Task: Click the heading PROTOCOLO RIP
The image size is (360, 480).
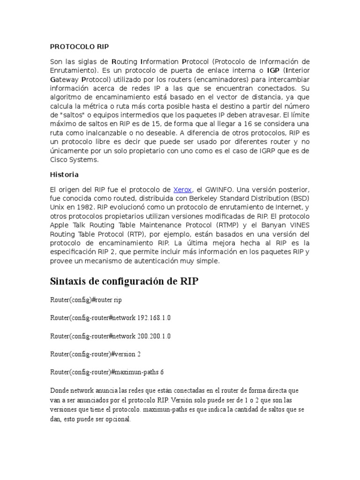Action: coord(79,47)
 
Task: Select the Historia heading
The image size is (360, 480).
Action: coord(64,174)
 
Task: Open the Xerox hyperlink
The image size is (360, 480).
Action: coord(183,190)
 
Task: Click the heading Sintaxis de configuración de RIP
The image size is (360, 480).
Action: coord(124,282)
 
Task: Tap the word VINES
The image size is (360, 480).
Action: coord(300,225)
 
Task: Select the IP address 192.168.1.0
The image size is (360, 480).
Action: coord(154,318)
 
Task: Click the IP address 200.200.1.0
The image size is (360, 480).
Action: coord(154,336)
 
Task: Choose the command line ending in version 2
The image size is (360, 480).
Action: coord(96,354)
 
